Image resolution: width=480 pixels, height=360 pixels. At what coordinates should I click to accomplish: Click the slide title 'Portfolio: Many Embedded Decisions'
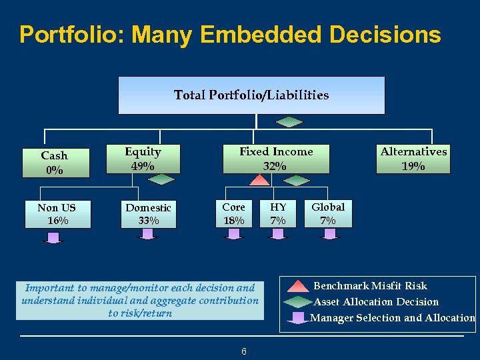tap(230, 35)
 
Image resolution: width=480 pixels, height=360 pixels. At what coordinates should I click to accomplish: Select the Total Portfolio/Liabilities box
tap(251, 95)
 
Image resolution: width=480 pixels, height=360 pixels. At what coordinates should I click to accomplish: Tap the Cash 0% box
tap(55, 163)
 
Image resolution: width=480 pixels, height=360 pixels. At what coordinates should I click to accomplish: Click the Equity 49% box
tap(143, 159)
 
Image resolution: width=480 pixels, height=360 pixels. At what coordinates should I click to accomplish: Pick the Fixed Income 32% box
tap(276, 159)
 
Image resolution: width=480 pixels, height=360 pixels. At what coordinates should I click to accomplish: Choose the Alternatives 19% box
tap(413, 159)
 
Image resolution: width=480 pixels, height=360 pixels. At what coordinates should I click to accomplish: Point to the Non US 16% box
tap(57, 214)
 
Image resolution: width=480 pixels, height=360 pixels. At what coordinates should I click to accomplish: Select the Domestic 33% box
tap(149, 214)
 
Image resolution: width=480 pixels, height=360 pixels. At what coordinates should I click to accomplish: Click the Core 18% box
tap(233, 213)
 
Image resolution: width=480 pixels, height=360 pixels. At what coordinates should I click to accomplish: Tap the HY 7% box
tap(278, 213)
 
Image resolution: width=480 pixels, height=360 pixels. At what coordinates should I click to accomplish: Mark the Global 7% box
tap(328, 213)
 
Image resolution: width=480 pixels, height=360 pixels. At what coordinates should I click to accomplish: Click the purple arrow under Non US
tap(53, 235)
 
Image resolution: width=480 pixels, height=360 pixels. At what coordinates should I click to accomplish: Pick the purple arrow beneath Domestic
tap(148, 234)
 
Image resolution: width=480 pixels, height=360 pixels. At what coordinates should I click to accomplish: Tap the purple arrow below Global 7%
tap(329, 234)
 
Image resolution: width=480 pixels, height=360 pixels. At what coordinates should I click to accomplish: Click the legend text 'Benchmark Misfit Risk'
tap(370, 285)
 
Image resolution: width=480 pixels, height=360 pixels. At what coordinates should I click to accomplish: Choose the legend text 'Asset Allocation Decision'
tap(376, 302)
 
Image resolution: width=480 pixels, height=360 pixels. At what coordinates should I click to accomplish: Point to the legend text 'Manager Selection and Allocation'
tap(393, 318)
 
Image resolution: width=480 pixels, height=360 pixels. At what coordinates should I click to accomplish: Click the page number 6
tap(244, 351)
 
